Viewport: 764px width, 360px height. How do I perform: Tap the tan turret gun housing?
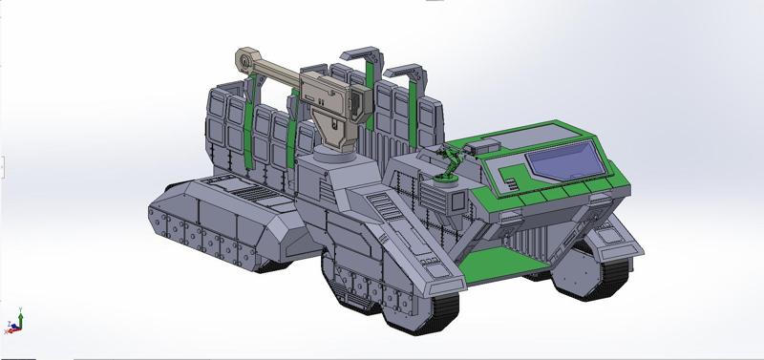tap(329, 95)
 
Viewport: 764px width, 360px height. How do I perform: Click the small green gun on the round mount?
tap(449, 159)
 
